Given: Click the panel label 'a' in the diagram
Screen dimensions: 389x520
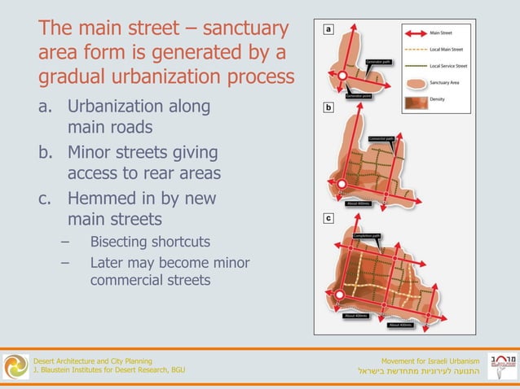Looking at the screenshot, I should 328,28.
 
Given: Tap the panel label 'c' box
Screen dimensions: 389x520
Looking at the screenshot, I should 328,219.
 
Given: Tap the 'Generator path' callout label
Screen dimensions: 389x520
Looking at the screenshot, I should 380,62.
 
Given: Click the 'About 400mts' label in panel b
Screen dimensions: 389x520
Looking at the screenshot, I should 359,204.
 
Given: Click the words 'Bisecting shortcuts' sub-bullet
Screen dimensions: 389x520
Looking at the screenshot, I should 150,242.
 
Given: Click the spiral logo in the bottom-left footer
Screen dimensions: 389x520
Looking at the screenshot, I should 15,365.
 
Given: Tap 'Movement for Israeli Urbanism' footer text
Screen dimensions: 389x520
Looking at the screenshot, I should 430,361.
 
